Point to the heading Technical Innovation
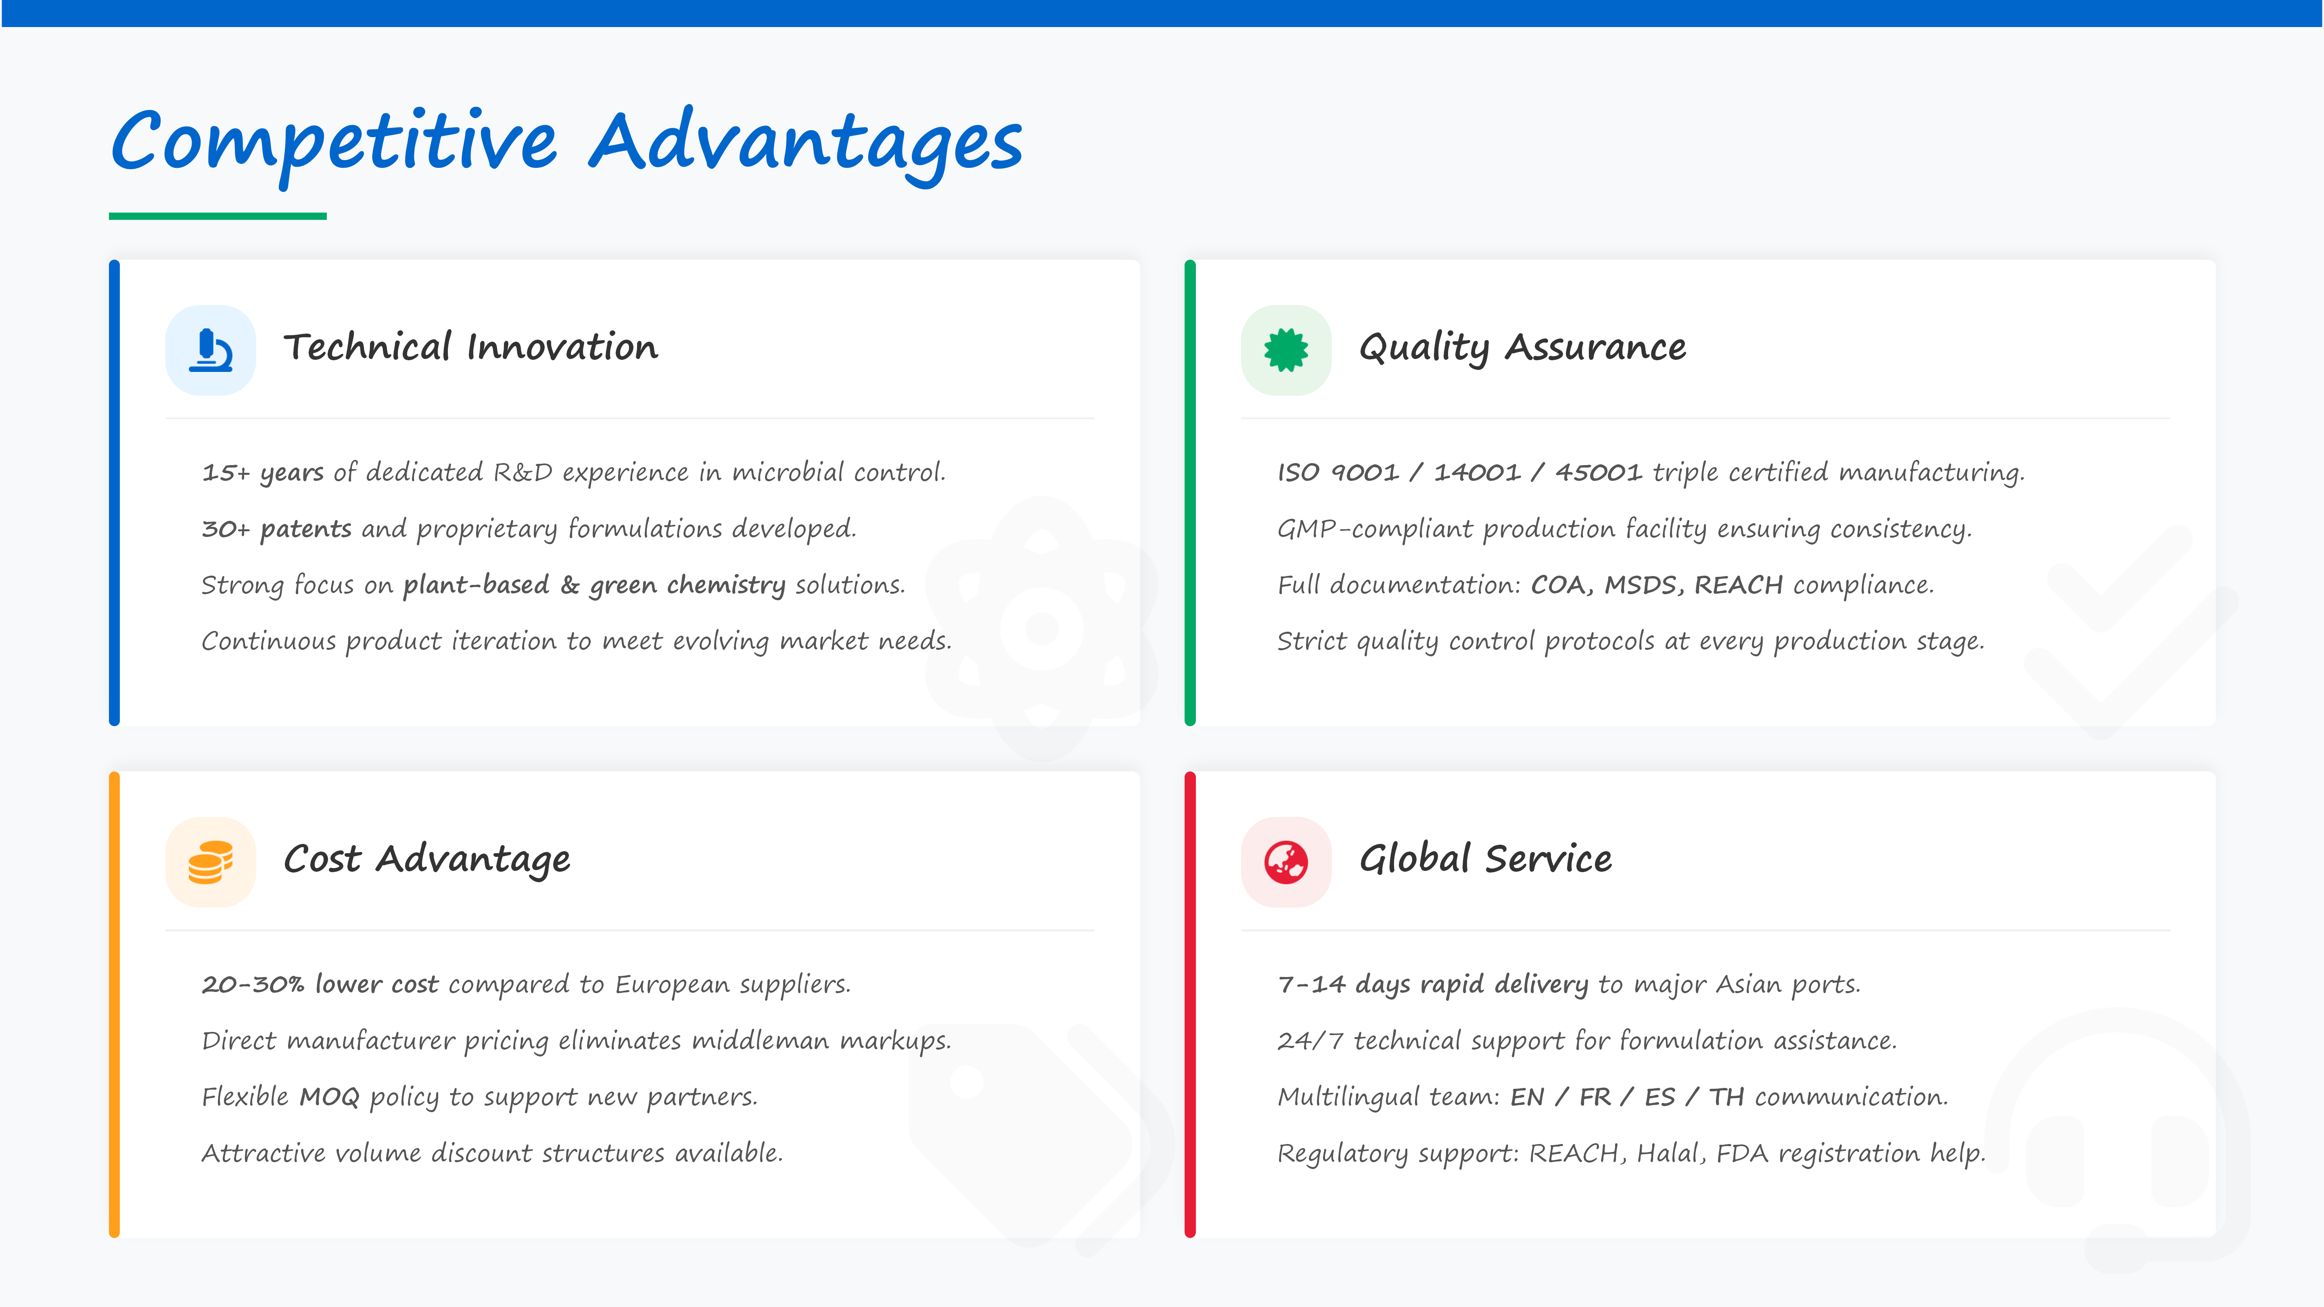coord(471,347)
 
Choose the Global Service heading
coord(1486,859)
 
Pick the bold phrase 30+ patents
coord(276,528)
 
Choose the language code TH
coord(1726,1097)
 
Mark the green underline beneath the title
coord(217,217)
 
